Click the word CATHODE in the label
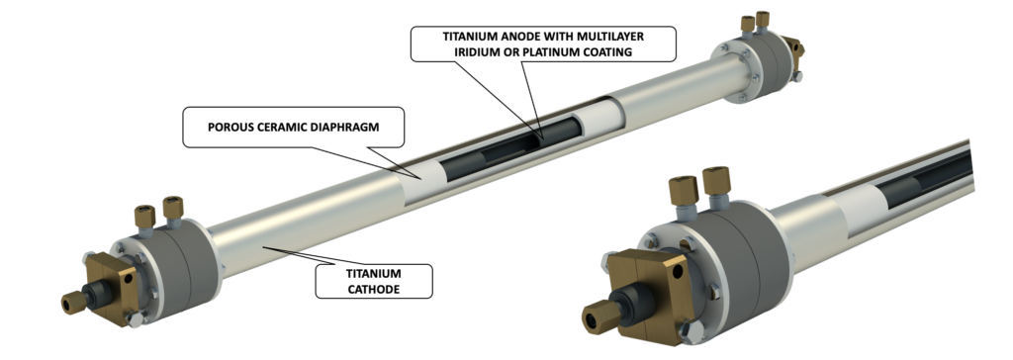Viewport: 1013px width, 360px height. coord(373,289)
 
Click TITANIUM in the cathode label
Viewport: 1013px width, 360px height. coord(373,274)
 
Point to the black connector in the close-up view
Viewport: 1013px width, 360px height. coord(628,308)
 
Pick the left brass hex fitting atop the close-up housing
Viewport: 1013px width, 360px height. coord(685,191)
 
